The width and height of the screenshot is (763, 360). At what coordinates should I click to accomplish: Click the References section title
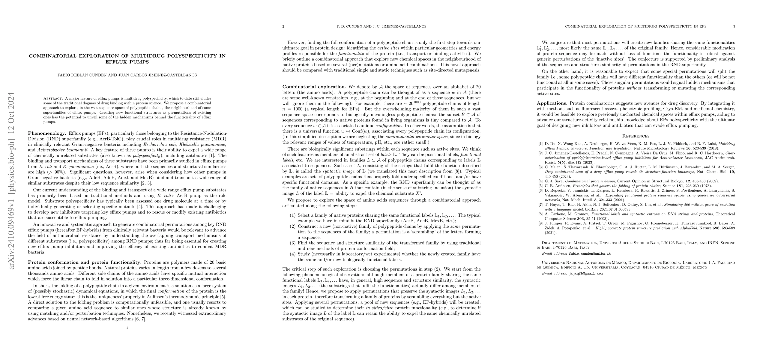[636, 136]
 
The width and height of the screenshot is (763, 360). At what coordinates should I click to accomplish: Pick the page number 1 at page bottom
[127, 328]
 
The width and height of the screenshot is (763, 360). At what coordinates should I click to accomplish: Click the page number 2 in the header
[283, 26]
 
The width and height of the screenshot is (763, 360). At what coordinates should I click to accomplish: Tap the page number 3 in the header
[734, 26]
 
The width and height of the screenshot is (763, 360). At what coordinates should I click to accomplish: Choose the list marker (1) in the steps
[292, 215]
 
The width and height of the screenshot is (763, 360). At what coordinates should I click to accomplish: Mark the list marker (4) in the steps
[292, 254]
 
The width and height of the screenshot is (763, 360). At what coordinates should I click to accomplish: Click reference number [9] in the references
[541, 223]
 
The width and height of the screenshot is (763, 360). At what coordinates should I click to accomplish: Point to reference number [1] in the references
[541, 144]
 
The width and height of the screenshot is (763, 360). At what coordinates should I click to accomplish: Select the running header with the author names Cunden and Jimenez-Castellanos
[381, 26]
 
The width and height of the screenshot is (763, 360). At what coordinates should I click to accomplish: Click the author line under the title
[127, 75]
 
